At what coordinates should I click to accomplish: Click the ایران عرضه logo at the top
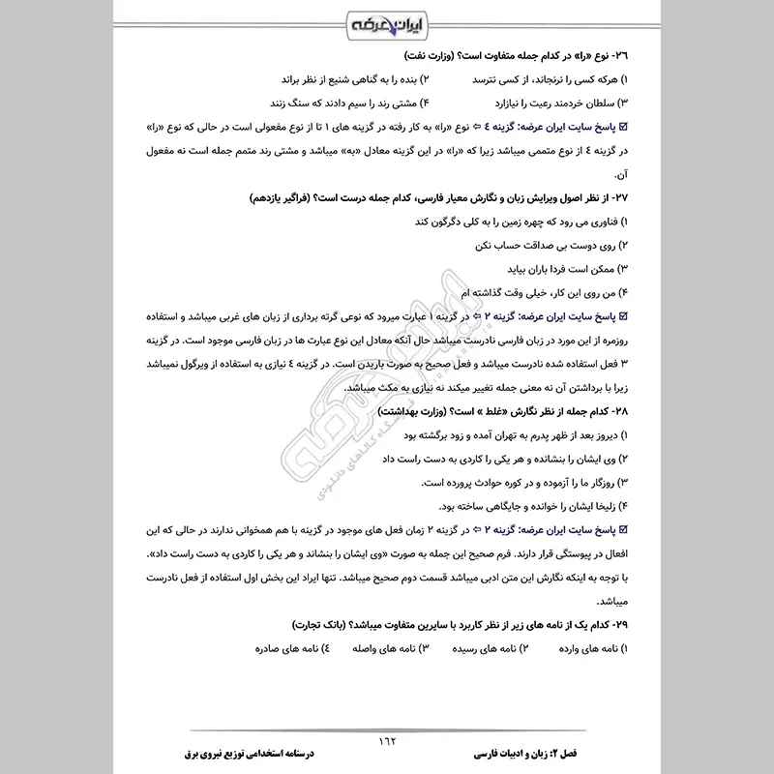386,20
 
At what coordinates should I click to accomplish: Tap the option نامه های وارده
590,647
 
